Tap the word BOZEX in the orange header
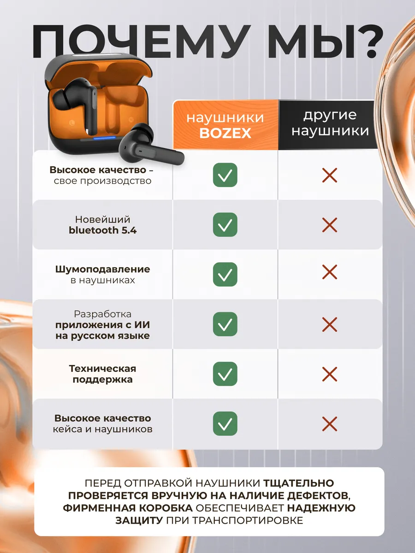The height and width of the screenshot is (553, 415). pos(225,133)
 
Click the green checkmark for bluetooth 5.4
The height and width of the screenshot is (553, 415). pos(225,224)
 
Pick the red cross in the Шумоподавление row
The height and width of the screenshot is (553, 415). pos(330,272)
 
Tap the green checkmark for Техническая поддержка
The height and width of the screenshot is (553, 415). pos(225,374)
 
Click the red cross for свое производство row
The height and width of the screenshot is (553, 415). pos(330,176)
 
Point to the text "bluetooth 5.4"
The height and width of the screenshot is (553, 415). pos(102,230)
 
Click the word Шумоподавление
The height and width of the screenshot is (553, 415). pos(102,269)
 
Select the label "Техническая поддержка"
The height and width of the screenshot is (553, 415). pos(102,374)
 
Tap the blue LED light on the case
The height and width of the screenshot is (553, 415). pos(104,138)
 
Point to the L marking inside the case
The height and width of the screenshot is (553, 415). pos(72,123)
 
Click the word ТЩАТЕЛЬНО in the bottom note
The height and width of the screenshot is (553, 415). pos(299,483)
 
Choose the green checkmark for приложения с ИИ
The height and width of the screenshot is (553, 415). pos(225,324)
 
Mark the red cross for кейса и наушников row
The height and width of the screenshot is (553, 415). pos(330,424)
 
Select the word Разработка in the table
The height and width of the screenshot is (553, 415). pos(102,314)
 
